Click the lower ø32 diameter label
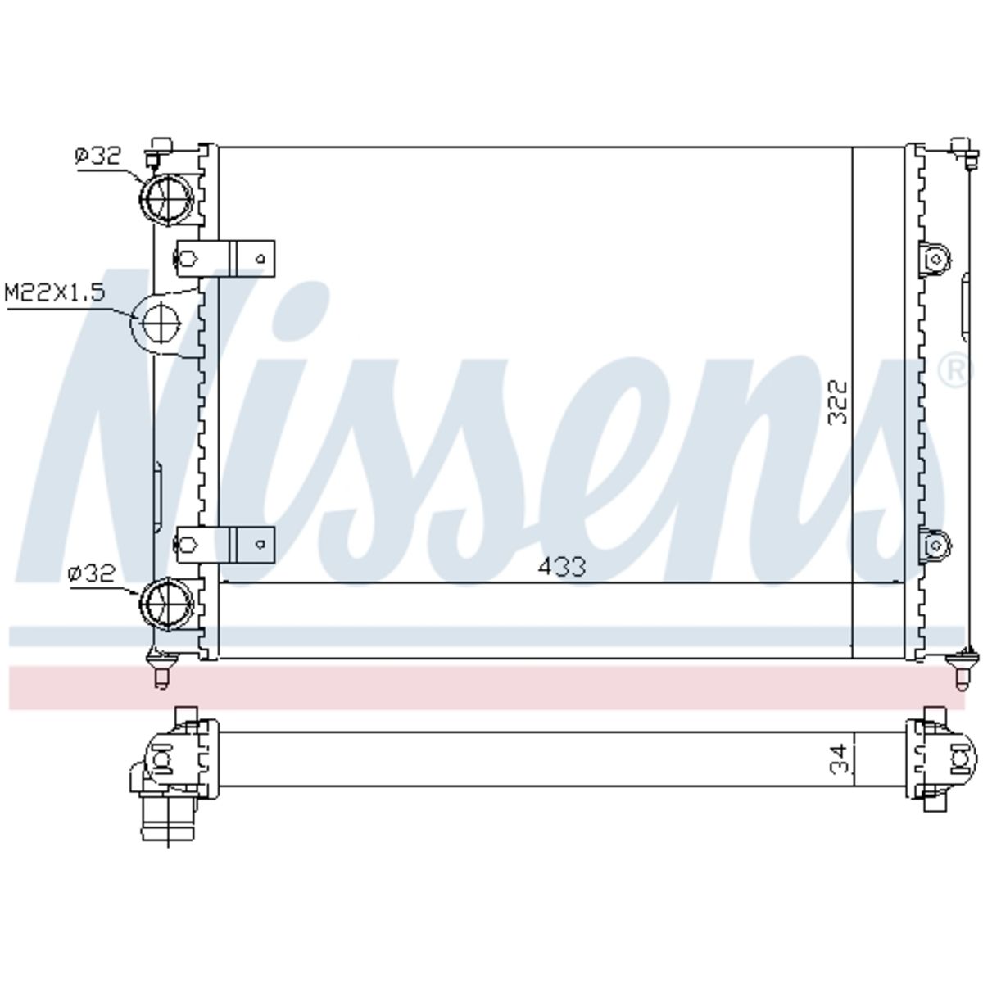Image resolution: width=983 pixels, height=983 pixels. coord(92,574)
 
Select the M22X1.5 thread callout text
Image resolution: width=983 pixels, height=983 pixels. coord(55,292)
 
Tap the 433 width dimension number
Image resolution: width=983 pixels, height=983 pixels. coord(562,566)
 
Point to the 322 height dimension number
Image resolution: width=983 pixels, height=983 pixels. coord(837,401)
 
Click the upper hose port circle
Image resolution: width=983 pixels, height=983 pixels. coord(167,199)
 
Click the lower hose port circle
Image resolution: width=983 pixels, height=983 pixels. coord(167,605)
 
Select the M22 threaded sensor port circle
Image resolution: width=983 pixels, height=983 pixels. coord(161,322)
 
